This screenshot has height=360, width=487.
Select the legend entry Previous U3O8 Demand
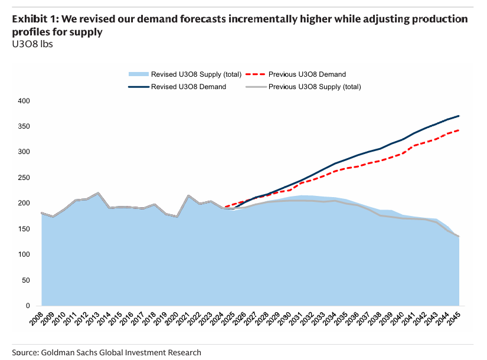coord(307,74)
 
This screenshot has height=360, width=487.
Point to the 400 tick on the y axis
coord(24,101)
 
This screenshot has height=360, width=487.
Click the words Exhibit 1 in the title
coord(35,19)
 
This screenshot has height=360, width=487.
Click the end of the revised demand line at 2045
coord(459,116)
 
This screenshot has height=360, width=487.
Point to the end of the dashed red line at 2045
coord(459,130)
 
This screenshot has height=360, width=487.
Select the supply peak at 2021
coord(188,195)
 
